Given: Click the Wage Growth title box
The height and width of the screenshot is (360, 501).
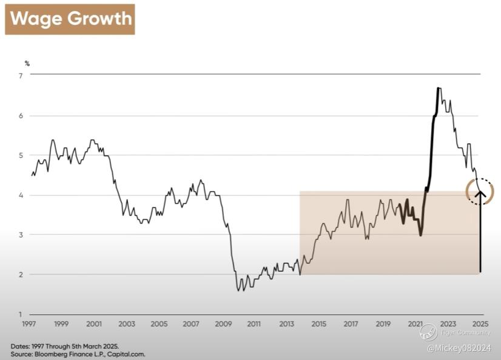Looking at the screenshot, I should coord(70,19).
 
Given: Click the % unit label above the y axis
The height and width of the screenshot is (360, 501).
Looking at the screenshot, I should coord(27,63).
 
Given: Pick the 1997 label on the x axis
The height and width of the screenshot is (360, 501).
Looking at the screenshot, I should coord(29,324).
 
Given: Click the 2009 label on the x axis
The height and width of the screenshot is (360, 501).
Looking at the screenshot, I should coord(222,324).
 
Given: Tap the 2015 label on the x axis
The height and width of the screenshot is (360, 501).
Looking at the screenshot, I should coord(318,324).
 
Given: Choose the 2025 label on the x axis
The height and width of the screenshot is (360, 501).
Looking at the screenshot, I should coord(479,324).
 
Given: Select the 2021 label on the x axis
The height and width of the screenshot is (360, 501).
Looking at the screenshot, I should coord(415,324).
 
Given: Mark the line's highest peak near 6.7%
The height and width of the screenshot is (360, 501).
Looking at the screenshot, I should coord(439,89).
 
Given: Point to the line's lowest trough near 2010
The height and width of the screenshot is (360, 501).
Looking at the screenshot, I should coord(238,291).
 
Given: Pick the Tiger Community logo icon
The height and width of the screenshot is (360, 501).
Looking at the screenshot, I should coord(429,332).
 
